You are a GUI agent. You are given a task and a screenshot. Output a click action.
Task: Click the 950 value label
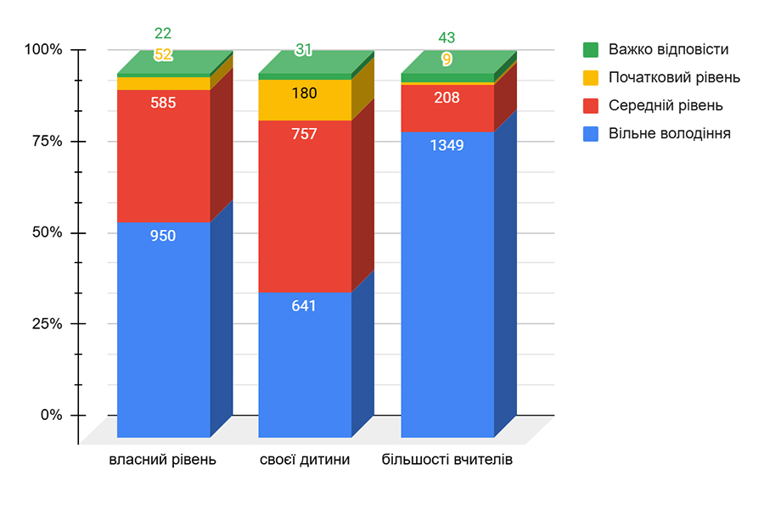pos(163,236)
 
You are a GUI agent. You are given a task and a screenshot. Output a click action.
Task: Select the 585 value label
pos(163,103)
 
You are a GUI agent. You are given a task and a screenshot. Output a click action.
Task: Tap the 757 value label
pos(304,134)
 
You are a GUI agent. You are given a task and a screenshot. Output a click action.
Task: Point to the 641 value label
pos(304,305)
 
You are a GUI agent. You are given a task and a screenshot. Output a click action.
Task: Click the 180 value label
pos(304,93)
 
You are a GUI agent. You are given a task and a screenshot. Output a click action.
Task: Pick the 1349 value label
pos(447,145)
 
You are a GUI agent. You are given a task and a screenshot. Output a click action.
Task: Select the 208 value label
pos(447,98)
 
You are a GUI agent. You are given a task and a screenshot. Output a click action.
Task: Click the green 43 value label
pos(447,38)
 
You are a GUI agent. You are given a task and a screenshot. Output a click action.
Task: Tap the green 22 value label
pos(163,34)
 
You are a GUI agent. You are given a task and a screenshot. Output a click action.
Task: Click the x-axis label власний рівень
pos(163,461)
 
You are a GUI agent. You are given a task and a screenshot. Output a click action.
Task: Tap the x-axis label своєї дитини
pos(305,461)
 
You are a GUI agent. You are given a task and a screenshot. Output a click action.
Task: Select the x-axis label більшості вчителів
pos(447,461)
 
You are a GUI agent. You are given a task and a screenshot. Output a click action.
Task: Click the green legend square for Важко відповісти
pos(591,49)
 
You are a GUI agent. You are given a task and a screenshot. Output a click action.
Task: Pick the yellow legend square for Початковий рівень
pos(591,77)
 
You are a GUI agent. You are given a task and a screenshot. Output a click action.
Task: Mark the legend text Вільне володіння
pos(669,133)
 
